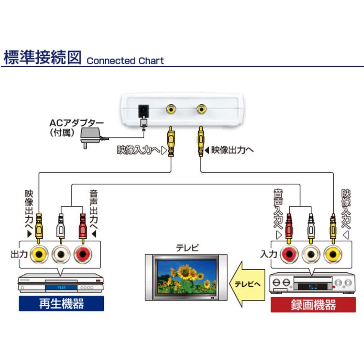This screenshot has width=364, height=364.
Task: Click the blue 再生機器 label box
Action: (x=61, y=303)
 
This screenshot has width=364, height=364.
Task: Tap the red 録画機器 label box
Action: (x=313, y=305)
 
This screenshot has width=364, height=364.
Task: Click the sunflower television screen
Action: (x=186, y=276)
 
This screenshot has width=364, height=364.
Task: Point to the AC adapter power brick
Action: (x=90, y=136)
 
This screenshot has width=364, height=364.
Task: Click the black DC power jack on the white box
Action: (x=143, y=112)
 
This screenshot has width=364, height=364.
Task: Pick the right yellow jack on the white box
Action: (x=201, y=109)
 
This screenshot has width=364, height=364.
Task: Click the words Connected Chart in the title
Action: (x=125, y=61)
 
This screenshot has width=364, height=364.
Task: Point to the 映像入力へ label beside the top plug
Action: (x=138, y=150)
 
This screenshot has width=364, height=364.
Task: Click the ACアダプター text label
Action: (x=76, y=123)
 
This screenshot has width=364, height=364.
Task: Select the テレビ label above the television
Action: (x=187, y=248)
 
